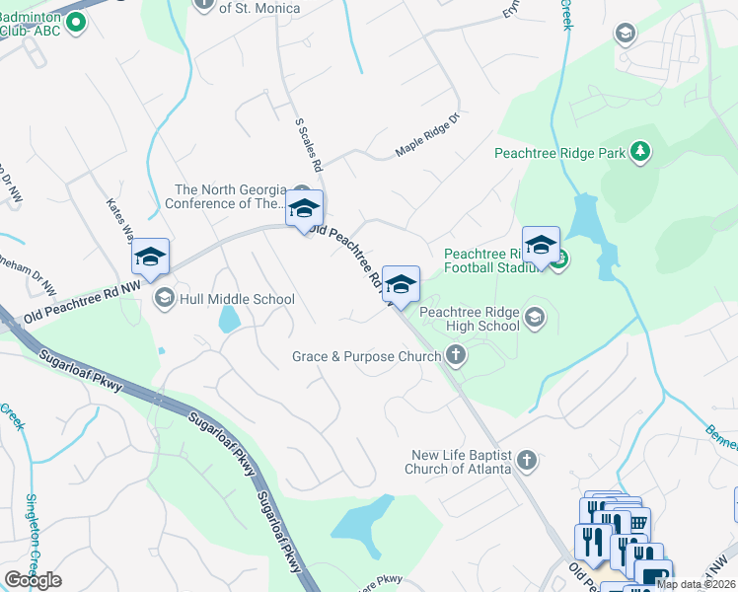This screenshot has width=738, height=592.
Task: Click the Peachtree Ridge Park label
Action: coord(559,153)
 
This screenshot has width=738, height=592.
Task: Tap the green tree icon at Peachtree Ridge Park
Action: coord(641,151)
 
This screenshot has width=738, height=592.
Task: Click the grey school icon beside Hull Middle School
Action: coord(164,298)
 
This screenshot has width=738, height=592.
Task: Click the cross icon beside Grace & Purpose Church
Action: coord(455,354)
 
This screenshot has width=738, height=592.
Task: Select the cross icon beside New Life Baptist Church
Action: coord(528,460)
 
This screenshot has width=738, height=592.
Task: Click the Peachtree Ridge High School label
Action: coord(470,318)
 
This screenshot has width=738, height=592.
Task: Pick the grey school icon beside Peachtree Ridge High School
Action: coord(535,317)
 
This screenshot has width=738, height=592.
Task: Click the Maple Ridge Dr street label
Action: coord(428,137)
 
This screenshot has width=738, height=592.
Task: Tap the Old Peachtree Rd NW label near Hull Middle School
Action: coord(83,305)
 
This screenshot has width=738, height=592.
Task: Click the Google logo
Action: coord(33,579)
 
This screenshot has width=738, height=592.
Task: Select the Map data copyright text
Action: coord(697,584)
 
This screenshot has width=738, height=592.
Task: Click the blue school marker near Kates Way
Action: coord(150,257)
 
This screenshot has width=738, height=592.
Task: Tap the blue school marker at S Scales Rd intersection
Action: coord(305,209)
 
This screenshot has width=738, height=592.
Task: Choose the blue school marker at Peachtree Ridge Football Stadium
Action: coord(541,246)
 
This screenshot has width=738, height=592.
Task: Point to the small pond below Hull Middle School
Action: coord(229,319)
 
